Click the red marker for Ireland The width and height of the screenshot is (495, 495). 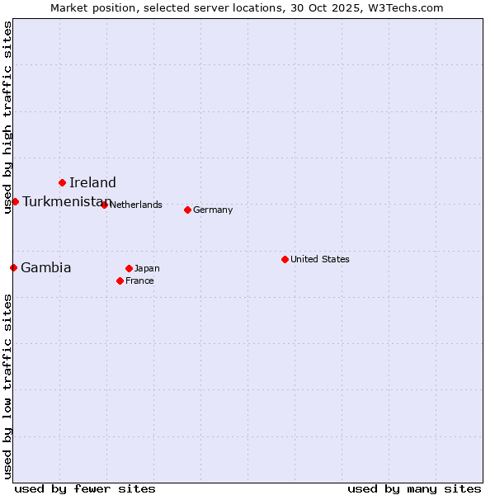click(x=62, y=182)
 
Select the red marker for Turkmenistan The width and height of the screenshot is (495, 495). click(x=15, y=201)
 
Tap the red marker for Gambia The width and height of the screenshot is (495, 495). click(x=13, y=267)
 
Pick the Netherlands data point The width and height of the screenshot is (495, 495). click(x=104, y=205)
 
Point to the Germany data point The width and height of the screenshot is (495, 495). click(x=187, y=210)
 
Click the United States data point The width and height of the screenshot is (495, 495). click(x=285, y=259)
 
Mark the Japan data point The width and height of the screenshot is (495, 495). click(x=129, y=268)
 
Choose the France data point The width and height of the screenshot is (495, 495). click(x=120, y=280)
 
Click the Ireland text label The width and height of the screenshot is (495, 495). click(x=92, y=182)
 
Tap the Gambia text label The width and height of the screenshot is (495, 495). click(x=46, y=267)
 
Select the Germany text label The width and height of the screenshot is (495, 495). click(x=213, y=210)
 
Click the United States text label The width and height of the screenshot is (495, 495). click(x=320, y=259)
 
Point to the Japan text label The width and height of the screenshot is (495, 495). click(x=147, y=268)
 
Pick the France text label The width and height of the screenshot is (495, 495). click(x=139, y=280)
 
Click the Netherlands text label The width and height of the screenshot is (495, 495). click(x=135, y=205)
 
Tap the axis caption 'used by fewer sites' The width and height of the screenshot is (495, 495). click(x=85, y=488)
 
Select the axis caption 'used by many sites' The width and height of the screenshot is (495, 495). click(x=414, y=488)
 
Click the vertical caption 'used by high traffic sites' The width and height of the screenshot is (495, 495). click(x=7, y=118)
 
